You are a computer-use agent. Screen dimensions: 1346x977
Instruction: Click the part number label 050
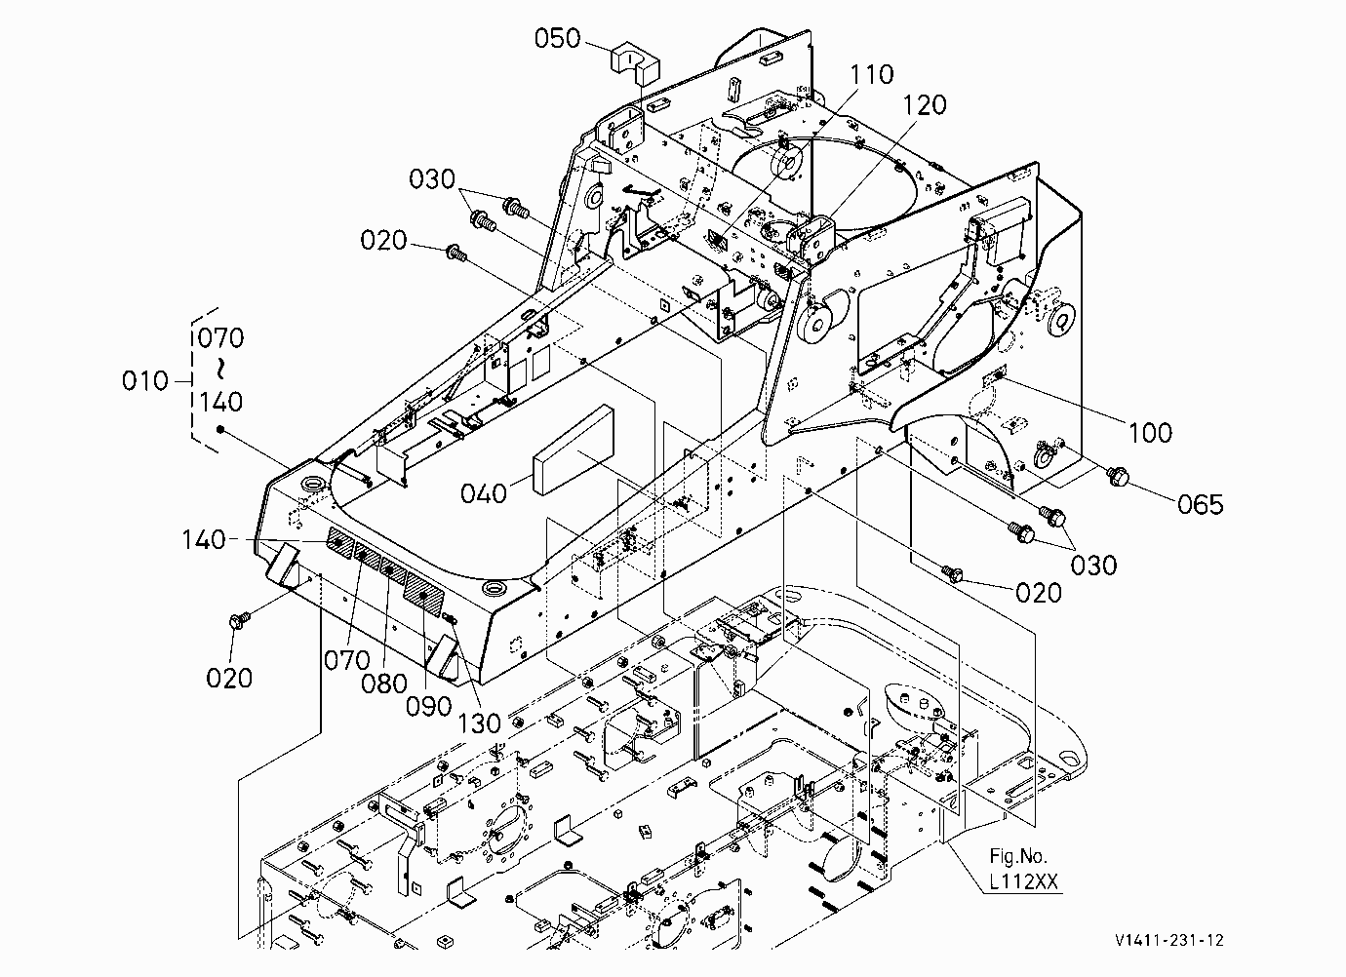pyautogui.click(x=557, y=38)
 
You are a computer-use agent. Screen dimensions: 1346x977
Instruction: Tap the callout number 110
pyautogui.click(x=871, y=74)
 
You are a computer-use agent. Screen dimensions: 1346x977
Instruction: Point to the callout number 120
pyautogui.click(x=925, y=105)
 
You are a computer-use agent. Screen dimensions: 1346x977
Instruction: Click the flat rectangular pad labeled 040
pyautogui.click(x=573, y=450)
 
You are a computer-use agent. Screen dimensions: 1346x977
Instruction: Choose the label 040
pyautogui.click(x=484, y=493)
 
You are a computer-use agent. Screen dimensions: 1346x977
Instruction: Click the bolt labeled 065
pyautogui.click(x=1118, y=476)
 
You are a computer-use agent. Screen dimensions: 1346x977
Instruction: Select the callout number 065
pyautogui.click(x=1200, y=504)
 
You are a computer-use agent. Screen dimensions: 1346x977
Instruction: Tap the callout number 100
pyautogui.click(x=1150, y=433)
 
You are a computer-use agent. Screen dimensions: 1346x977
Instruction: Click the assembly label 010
pyautogui.click(x=144, y=381)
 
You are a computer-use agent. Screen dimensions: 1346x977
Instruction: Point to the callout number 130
pyautogui.click(x=479, y=723)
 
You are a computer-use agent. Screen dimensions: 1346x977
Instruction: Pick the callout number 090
pyautogui.click(x=428, y=706)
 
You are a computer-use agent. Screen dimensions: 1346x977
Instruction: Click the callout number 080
pyautogui.click(x=384, y=684)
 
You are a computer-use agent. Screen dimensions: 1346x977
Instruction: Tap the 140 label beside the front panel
pyautogui.click(x=204, y=539)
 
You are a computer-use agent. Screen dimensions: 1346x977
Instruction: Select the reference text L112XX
pyautogui.click(x=1023, y=881)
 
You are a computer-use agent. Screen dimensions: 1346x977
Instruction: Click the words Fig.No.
pyautogui.click(x=1018, y=856)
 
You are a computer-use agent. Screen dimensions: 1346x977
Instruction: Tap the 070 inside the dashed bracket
pyautogui.click(x=221, y=337)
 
